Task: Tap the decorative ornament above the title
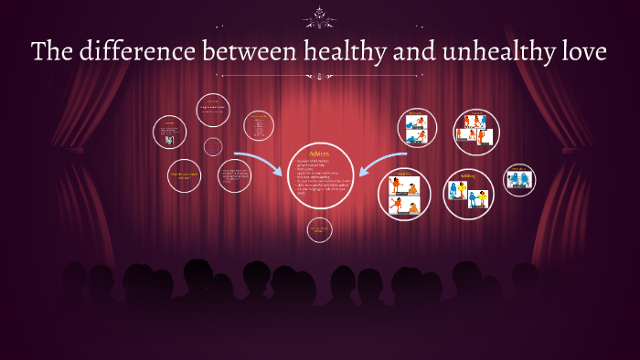click(x=320, y=16)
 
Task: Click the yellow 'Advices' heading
click(x=320, y=153)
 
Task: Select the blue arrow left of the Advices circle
click(x=258, y=164)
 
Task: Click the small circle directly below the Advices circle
click(x=319, y=229)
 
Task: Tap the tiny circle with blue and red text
click(x=213, y=146)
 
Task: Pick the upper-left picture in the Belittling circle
click(x=459, y=190)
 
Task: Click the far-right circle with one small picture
click(x=520, y=179)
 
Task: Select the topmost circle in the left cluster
click(x=213, y=110)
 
